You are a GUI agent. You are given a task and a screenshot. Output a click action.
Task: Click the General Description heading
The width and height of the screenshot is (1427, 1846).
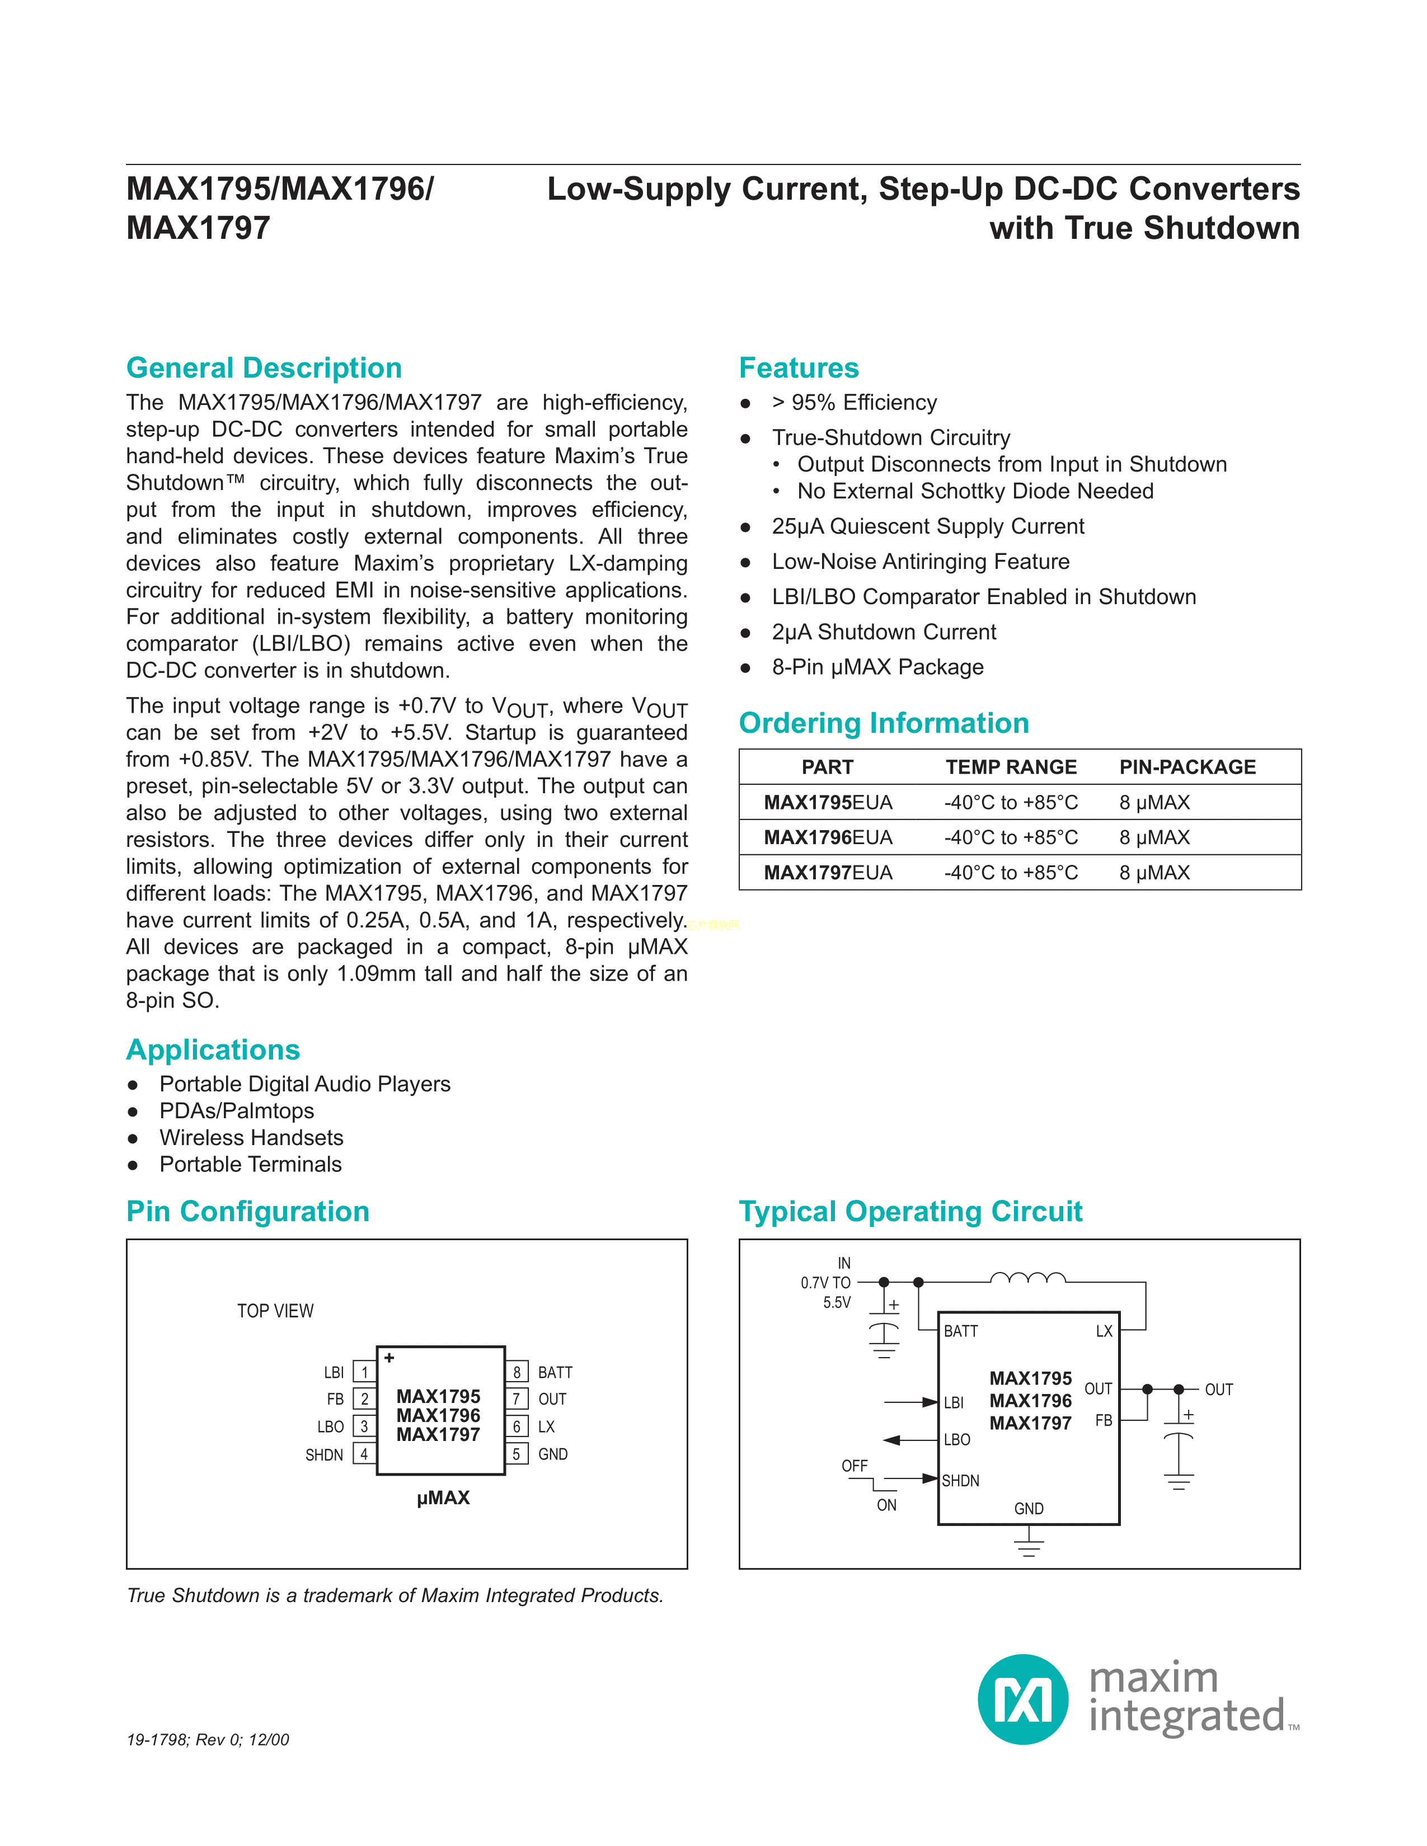pos(264,369)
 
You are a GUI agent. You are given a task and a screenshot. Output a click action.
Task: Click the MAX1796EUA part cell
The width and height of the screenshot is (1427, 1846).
pos(828,837)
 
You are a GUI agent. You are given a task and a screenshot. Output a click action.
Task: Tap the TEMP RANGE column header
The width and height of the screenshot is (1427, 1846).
pos(1011,767)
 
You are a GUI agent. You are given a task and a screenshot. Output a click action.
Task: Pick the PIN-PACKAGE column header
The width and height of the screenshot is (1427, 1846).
pos(1187,767)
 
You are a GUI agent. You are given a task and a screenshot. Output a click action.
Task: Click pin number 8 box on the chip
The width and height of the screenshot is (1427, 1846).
pos(517,1372)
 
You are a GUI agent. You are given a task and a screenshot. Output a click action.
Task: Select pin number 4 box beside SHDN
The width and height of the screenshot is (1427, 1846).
pos(364,1454)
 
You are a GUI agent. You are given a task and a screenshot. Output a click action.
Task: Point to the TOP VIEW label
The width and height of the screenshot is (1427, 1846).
pos(275,1311)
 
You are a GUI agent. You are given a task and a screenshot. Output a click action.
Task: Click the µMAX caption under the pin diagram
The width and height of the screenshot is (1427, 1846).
pos(443,1497)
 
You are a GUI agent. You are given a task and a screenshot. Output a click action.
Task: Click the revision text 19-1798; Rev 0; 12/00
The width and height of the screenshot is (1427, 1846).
pos(208,1740)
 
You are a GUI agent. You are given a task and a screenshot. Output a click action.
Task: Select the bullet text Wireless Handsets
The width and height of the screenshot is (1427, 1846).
pos(251,1138)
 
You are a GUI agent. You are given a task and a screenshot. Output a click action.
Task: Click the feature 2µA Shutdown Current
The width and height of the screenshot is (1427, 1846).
pos(884,632)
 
